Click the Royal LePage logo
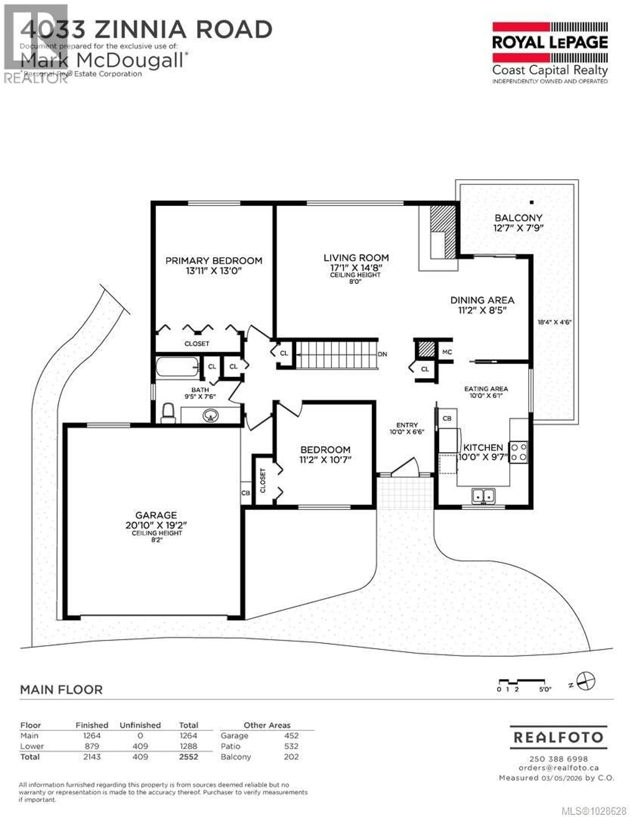point(549,52)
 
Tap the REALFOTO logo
point(559,737)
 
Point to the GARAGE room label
point(156,515)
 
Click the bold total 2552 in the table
point(188,757)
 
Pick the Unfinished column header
point(140,725)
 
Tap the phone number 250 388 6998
point(559,759)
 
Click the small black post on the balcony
point(532,202)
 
